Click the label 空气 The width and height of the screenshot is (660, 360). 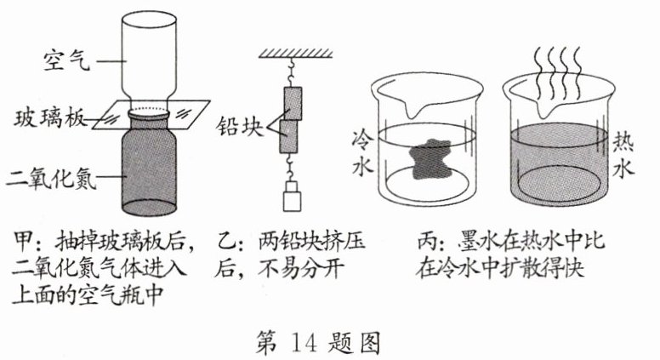[67, 60]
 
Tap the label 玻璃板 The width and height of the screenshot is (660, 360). [49, 118]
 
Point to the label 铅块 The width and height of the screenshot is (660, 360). [240, 126]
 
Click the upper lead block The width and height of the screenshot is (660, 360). [293, 104]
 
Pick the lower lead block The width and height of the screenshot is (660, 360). [289, 136]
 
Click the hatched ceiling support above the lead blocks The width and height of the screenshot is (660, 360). [295, 53]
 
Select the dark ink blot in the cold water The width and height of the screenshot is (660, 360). [430, 159]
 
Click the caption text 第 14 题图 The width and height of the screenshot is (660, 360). [318, 343]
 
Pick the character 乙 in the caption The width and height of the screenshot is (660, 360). [224, 242]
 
